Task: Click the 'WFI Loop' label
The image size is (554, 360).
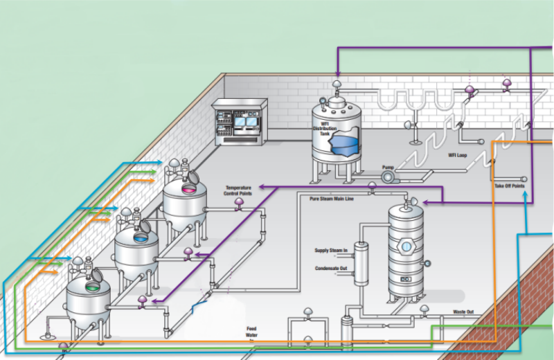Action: (457, 155)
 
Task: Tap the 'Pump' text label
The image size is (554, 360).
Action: (388, 167)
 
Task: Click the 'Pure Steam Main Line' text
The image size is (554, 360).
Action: (331, 198)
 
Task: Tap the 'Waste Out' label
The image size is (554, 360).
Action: (463, 312)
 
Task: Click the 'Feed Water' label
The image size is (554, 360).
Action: (252, 332)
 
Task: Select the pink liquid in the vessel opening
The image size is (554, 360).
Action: (188, 188)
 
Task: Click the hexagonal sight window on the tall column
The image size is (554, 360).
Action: (405, 246)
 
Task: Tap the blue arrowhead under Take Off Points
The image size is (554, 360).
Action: (526, 195)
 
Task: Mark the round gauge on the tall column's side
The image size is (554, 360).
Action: (428, 263)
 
